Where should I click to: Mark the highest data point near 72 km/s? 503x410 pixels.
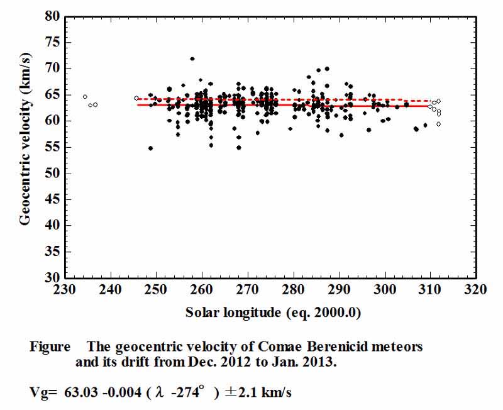point(192,59)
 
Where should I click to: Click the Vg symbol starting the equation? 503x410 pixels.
point(40,394)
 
